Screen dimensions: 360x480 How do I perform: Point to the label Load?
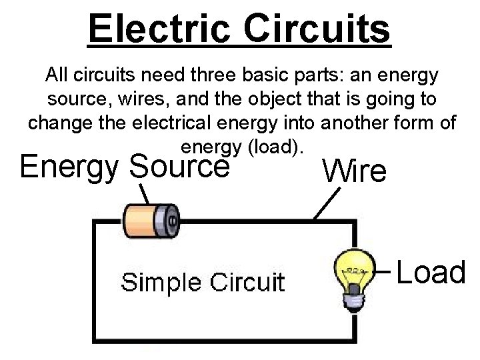[431, 272]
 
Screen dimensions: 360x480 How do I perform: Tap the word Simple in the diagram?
[155, 282]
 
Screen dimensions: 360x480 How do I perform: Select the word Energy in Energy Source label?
[71, 167]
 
